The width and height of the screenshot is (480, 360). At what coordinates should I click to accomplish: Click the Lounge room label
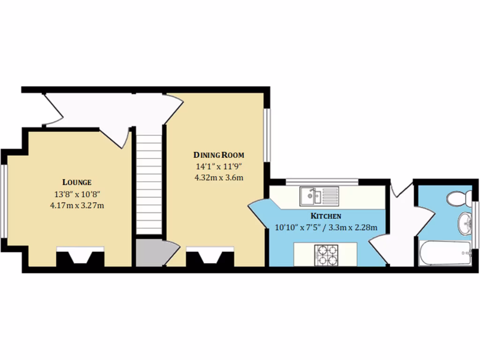click(77, 182)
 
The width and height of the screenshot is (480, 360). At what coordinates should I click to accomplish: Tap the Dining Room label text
click(219, 155)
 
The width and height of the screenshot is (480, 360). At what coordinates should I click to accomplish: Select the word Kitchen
click(325, 216)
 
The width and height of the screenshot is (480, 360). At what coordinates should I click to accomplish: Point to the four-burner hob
click(326, 255)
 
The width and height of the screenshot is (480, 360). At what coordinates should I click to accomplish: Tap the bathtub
click(444, 254)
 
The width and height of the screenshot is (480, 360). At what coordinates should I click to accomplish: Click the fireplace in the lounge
click(80, 258)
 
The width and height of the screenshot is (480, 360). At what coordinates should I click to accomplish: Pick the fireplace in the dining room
click(210, 258)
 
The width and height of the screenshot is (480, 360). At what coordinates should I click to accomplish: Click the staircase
click(149, 183)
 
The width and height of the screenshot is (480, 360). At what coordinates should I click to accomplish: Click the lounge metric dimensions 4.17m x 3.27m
click(77, 205)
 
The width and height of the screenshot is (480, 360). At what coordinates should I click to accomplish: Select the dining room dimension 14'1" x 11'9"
click(219, 166)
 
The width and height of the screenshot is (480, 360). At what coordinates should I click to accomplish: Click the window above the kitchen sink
click(322, 181)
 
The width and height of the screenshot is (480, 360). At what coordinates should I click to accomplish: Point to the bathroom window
click(476, 223)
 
